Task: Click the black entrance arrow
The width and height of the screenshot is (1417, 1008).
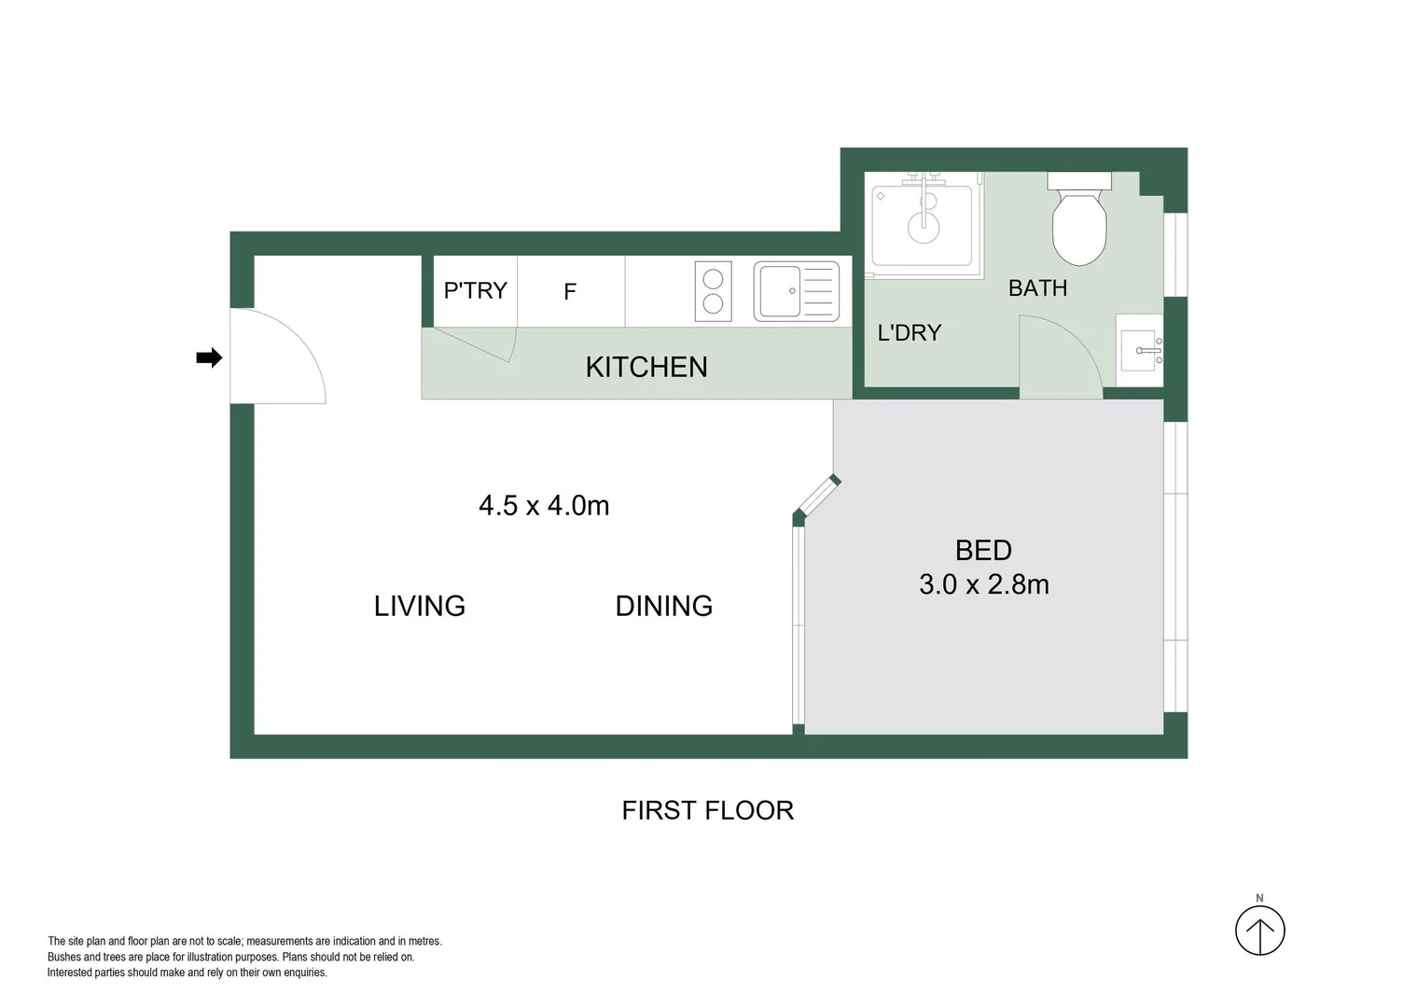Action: click(209, 357)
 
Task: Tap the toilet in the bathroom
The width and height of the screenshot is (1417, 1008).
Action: click(1079, 220)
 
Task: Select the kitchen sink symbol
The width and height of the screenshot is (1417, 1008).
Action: click(797, 291)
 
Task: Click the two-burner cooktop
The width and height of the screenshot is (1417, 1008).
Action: click(713, 291)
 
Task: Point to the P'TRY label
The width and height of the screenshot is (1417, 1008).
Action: click(475, 291)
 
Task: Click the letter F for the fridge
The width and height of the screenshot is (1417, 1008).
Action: click(570, 292)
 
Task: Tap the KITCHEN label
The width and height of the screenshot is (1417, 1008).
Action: click(646, 367)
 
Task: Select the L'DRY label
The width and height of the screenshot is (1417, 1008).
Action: click(910, 333)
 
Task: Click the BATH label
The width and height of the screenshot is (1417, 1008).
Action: click(1037, 288)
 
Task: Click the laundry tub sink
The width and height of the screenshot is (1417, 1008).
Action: click(922, 225)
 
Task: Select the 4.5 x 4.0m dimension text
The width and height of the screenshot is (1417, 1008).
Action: click(544, 506)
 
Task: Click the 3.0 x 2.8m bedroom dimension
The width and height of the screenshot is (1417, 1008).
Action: click(984, 584)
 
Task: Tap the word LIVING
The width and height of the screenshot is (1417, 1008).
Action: click(420, 606)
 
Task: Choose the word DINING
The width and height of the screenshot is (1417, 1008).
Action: click(664, 606)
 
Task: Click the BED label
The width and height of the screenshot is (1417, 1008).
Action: click(983, 551)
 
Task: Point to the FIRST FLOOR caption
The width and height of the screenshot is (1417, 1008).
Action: click(708, 810)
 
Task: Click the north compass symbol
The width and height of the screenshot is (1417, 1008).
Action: click(1259, 930)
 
